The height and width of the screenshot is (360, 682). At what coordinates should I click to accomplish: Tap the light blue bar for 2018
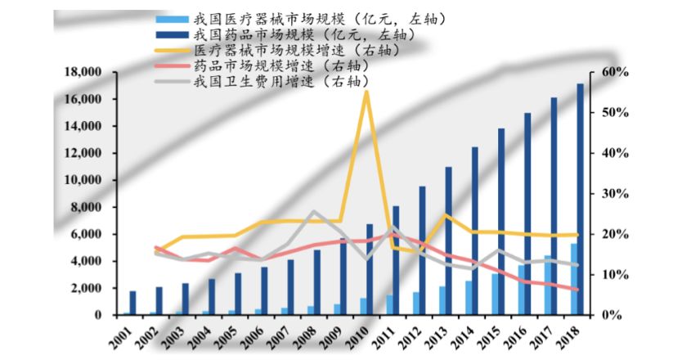[x=573, y=279]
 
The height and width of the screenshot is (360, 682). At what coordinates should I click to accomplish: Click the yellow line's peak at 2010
[x=366, y=91]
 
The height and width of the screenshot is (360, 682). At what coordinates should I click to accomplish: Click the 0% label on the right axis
[x=610, y=315]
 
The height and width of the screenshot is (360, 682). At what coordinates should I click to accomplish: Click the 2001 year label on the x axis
[x=119, y=337]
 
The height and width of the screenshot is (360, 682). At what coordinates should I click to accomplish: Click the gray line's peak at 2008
[x=314, y=212]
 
